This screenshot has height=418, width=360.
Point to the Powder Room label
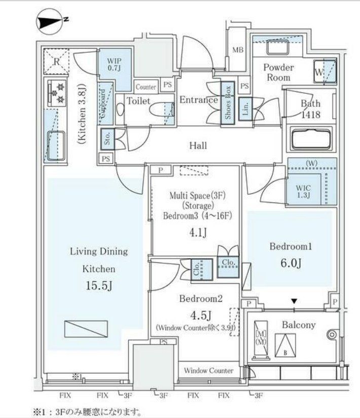278,73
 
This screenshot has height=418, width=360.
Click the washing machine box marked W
323,72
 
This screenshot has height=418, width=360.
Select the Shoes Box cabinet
228,102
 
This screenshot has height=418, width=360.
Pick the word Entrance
198,100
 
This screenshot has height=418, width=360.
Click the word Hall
198,146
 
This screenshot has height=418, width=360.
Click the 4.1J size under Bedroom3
194,233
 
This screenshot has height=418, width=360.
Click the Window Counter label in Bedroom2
208,371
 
